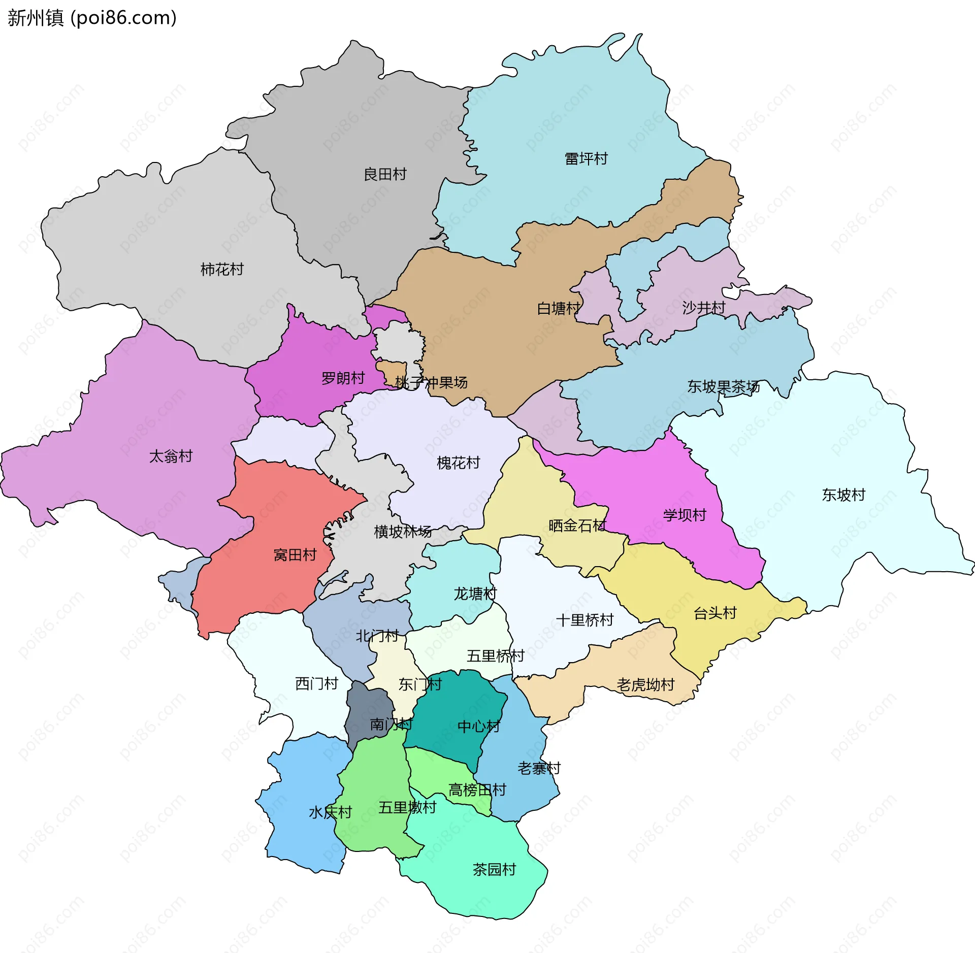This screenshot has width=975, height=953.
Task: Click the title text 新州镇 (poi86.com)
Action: pyautogui.click(x=92, y=18)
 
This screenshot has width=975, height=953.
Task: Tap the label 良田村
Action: pyautogui.click(x=385, y=175)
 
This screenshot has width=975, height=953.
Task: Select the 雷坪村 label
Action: pyautogui.click(x=586, y=159)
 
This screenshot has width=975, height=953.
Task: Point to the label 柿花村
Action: pyautogui.click(x=222, y=270)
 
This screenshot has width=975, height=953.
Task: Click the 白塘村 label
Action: pyautogui.click(x=559, y=309)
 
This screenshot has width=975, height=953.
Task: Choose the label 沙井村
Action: pyautogui.click(x=703, y=308)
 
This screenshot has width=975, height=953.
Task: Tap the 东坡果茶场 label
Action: pyautogui.click(x=723, y=387)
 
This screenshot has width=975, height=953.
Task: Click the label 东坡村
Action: pyautogui.click(x=843, y=495)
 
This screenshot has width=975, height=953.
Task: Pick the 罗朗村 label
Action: pyautogui.click(x=343, y=378)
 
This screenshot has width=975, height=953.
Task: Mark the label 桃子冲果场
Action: pyautogui.click(x=431, y=383)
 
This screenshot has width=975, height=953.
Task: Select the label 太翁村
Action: pyautogui.click(x=171, y=456)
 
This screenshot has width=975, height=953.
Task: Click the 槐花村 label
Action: pyautogui.click(x=458, y=463)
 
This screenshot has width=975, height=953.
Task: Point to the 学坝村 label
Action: pyautogui.click(x=685, y=515)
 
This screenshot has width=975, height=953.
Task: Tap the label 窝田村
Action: pyautogui.click(x=295, y=555)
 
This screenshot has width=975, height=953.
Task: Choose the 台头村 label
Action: pyautogui.click(x=715, y=613)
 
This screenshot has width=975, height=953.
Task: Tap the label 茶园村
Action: pyautogui.click(x=494, y=870)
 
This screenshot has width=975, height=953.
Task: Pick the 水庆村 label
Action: pyautogui.click(x=330, y=812)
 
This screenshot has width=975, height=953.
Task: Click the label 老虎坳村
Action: pyautogui.click(x=645, y=685)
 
